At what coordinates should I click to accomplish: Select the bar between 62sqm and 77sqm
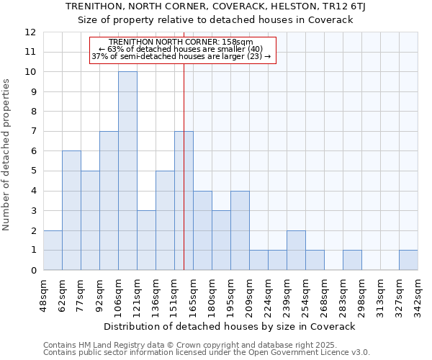[71, 210]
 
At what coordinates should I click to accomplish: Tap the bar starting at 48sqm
[53, 250]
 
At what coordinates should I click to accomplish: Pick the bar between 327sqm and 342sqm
[408, 260]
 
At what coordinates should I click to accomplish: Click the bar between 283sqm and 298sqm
[352, 260]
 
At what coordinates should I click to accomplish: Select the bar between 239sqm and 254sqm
[296, 250]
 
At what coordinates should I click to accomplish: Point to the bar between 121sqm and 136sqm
[146, 240]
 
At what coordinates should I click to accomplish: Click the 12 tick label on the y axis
[30, 32]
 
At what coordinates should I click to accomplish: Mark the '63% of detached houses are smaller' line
[180, 49]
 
